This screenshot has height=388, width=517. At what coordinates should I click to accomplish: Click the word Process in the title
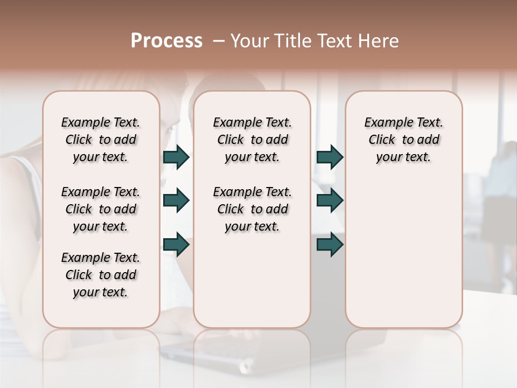tap(166, 41)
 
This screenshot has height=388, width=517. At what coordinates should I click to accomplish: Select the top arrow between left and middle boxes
tap(176, 157)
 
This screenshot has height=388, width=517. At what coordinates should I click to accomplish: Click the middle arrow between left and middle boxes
tap(176, 200)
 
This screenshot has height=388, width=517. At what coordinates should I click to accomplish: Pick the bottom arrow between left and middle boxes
tap(176, 244)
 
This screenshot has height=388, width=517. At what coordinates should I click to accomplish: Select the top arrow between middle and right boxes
tap(330, 157)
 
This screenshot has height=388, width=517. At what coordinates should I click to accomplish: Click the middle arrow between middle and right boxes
tap(330, 200)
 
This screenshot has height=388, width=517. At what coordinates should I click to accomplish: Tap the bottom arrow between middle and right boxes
tap(330, 244)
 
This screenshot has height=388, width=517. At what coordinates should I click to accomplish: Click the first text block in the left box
tap(101, 140)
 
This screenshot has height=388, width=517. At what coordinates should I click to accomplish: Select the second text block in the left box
tap(101, 209)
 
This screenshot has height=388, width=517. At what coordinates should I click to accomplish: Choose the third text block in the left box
tap(101, 275)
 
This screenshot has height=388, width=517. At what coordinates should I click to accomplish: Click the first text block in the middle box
tap(252, 140)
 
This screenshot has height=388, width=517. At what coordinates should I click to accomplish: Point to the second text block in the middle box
tap(252, 209)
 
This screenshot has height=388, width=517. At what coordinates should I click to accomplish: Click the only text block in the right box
tap(404, 140)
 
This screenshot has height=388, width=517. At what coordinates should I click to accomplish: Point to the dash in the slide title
tap(218, 41)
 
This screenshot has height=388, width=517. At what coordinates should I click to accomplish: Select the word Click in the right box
tap(382, 140)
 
